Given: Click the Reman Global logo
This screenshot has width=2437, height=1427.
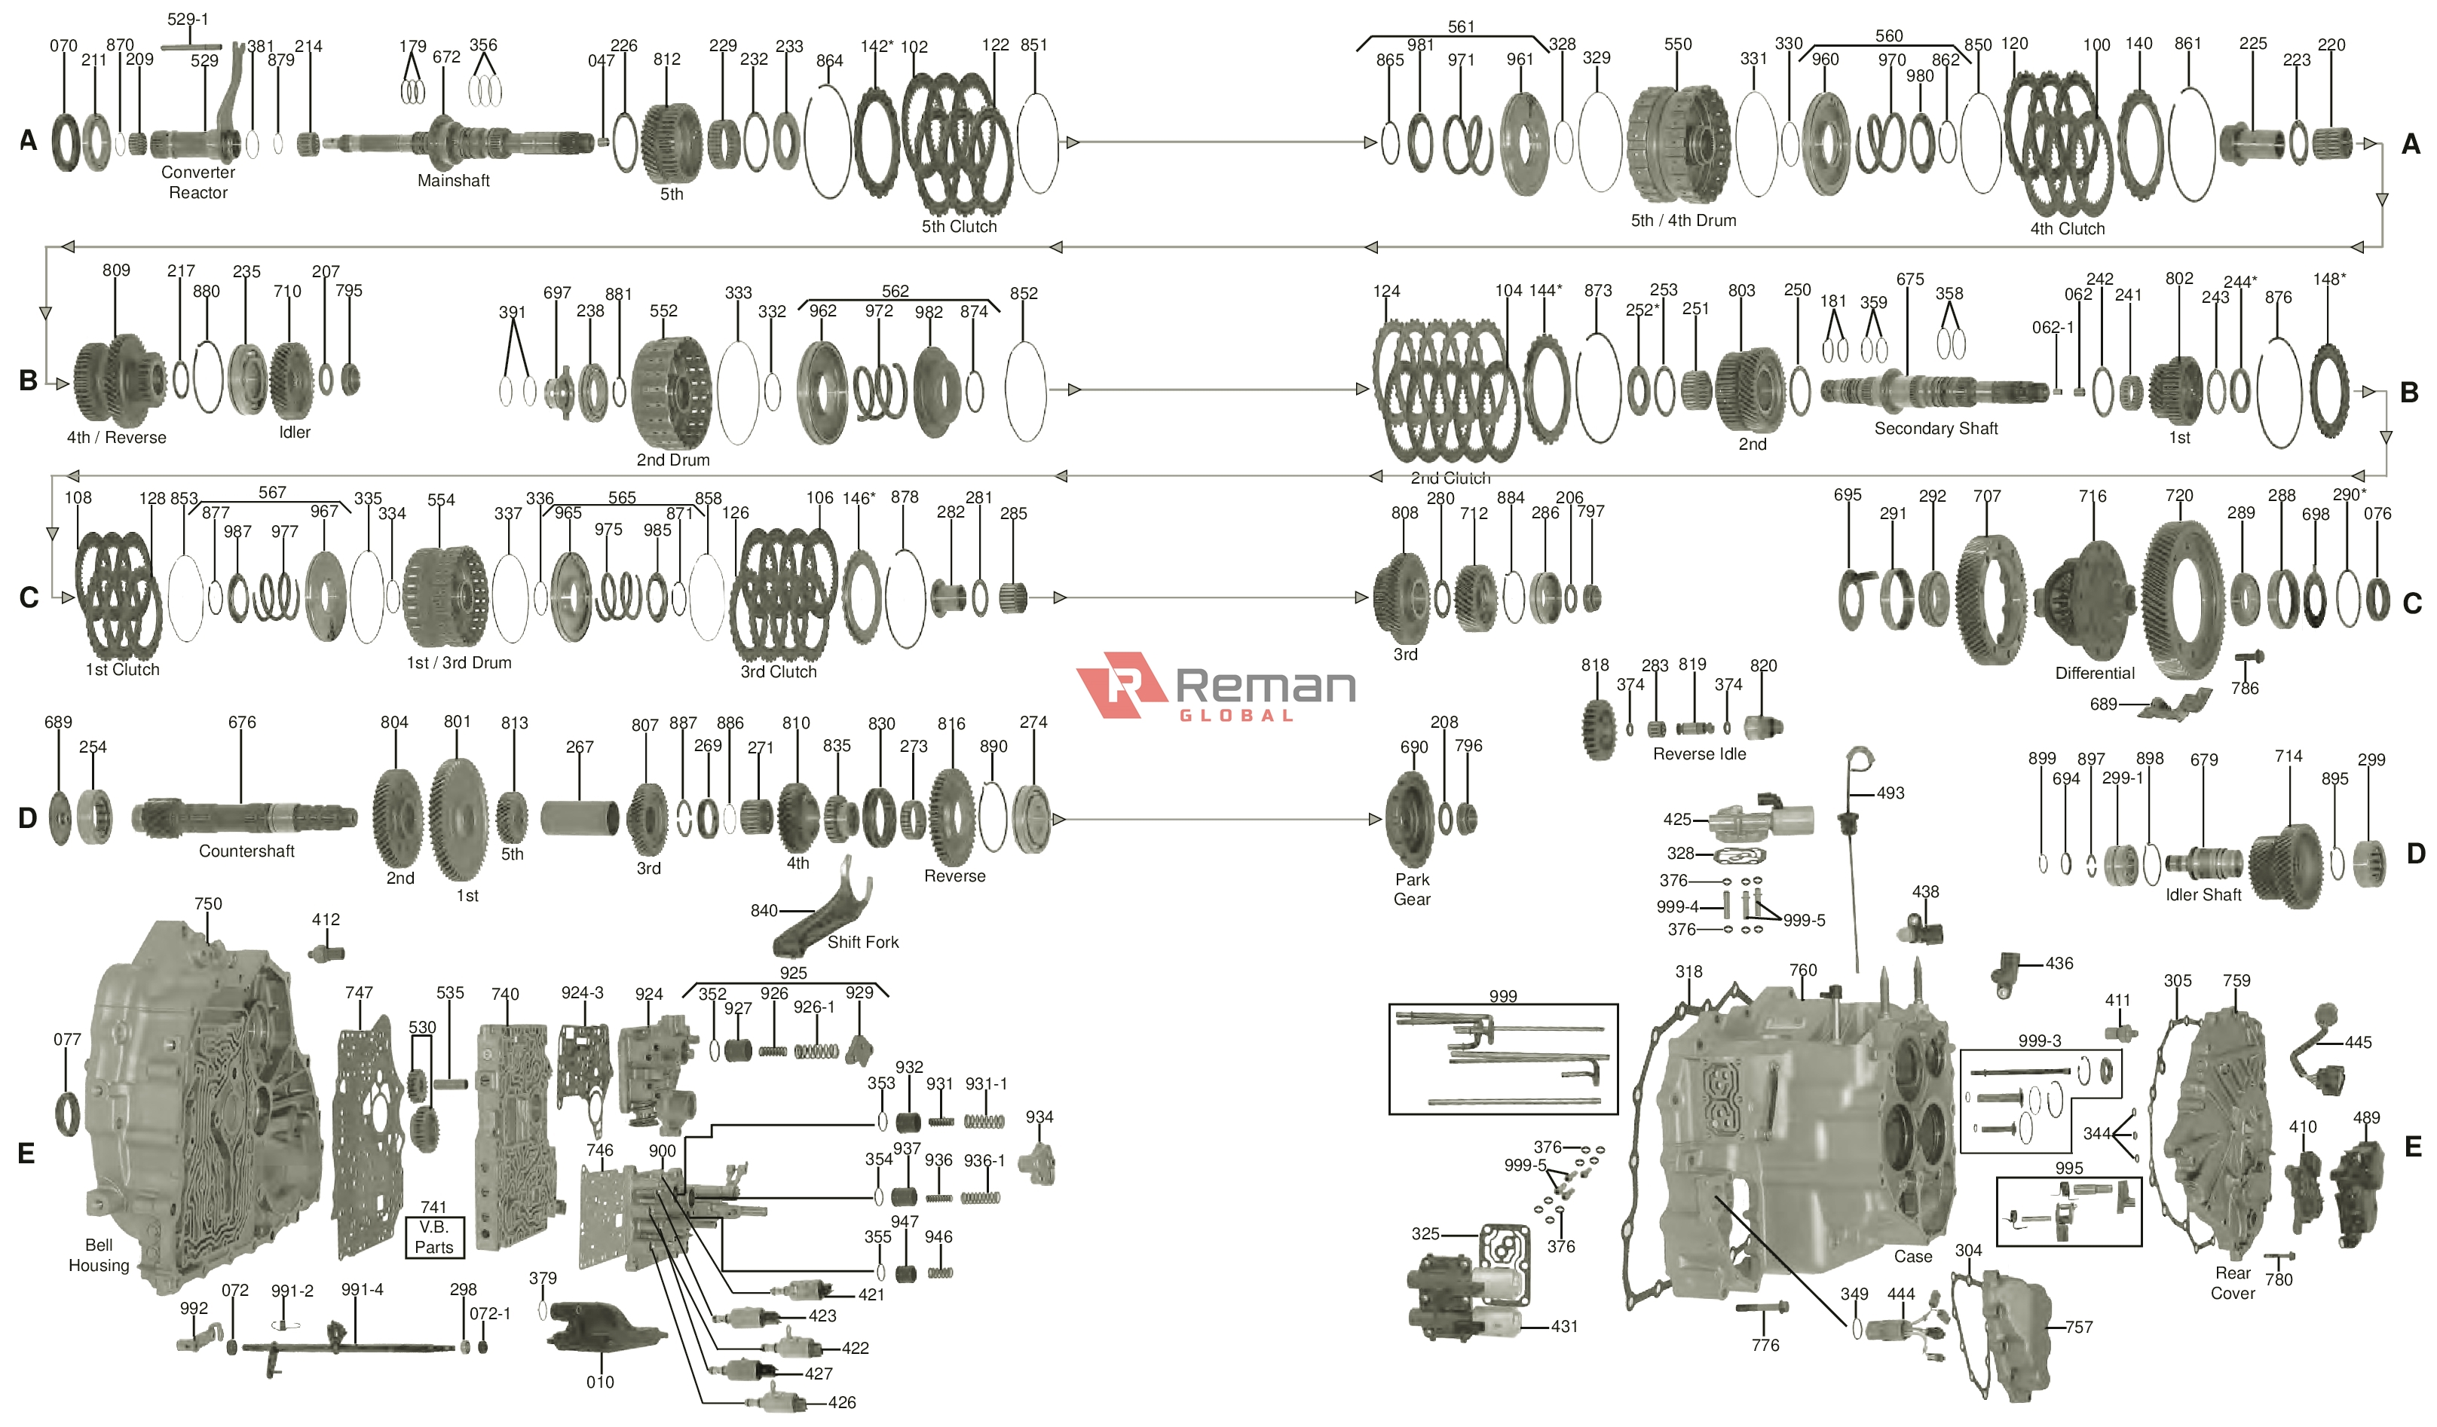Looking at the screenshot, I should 1216,687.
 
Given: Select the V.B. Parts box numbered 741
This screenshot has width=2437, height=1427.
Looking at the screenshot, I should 434,1236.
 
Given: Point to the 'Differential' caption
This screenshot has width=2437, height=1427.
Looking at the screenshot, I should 2095,673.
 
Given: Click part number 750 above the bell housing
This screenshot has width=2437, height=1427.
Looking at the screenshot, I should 208,904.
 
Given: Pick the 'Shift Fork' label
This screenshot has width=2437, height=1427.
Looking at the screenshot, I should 862,943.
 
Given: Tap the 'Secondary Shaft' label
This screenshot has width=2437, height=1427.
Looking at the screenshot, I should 1935,428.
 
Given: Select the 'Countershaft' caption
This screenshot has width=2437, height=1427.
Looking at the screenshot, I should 246,851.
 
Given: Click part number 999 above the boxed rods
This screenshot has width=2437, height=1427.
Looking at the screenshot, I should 1503,997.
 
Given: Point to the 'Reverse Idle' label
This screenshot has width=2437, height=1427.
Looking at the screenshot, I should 1699,754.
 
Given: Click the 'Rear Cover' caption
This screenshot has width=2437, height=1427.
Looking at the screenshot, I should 2232,1283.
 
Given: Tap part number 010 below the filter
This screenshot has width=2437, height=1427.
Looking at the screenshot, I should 599,1383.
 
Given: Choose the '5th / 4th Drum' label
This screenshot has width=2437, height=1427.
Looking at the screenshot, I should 1682,221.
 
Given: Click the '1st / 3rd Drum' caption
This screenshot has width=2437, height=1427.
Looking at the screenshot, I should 458,663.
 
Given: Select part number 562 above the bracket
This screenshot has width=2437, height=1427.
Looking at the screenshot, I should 895,291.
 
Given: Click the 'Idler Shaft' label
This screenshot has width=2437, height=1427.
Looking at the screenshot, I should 2203,895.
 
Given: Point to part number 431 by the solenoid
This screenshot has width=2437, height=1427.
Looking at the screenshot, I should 1564,1328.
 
